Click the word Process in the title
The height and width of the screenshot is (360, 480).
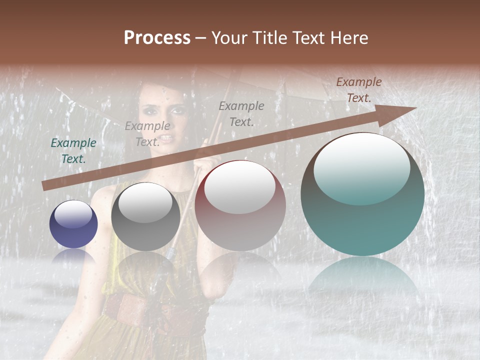(157, 38)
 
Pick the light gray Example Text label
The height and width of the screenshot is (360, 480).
(147, 134)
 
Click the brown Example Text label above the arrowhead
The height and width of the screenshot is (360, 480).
(359, 90)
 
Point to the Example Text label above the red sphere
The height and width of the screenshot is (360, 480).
(241, 114)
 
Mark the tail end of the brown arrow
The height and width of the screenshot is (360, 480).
(45, 186)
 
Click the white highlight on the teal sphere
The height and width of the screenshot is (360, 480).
(362, 167)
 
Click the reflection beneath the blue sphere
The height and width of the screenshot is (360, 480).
(73, 256)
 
